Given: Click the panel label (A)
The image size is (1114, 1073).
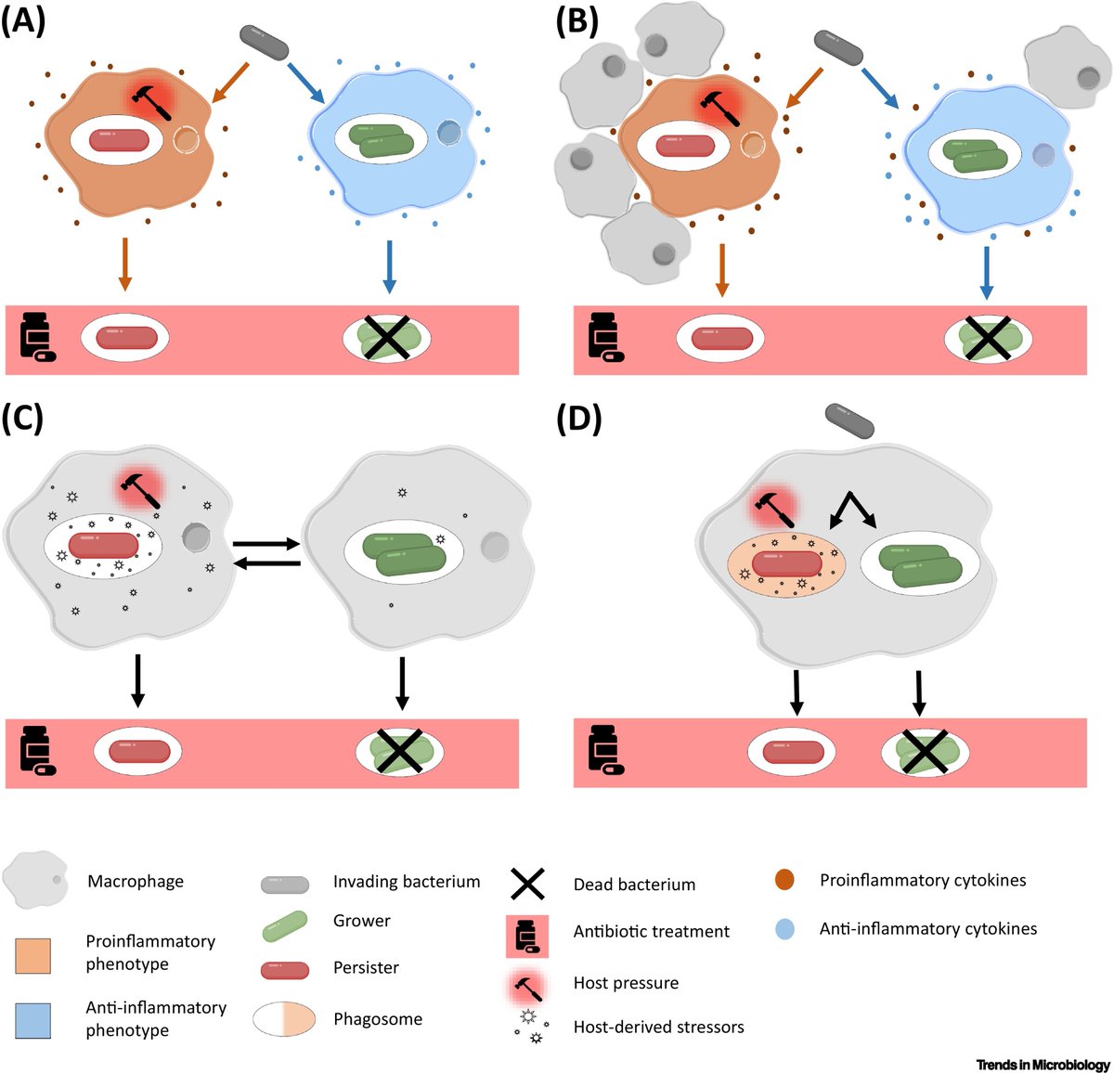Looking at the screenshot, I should point(23,20).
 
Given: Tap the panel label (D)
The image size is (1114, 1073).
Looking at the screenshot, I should point(578,420).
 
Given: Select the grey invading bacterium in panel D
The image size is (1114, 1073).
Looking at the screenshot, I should point(849,420).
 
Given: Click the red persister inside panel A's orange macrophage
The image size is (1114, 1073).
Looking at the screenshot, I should point(119,141).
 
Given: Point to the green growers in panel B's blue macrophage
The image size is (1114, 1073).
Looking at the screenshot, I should point(976,155).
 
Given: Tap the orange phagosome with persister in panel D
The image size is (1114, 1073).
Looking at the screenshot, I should point(786,565).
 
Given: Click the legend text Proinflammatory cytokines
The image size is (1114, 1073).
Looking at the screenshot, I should point(922,880).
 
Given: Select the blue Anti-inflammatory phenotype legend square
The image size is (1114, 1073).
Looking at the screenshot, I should point(33,1020).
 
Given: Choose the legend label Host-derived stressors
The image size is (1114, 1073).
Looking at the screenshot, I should point(658,1027).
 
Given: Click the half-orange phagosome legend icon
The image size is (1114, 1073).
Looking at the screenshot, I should point(284,1018).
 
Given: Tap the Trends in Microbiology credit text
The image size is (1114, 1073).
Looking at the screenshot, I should point(1043,1065).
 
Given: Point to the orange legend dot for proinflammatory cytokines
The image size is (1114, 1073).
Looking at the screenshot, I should point(785,880).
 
